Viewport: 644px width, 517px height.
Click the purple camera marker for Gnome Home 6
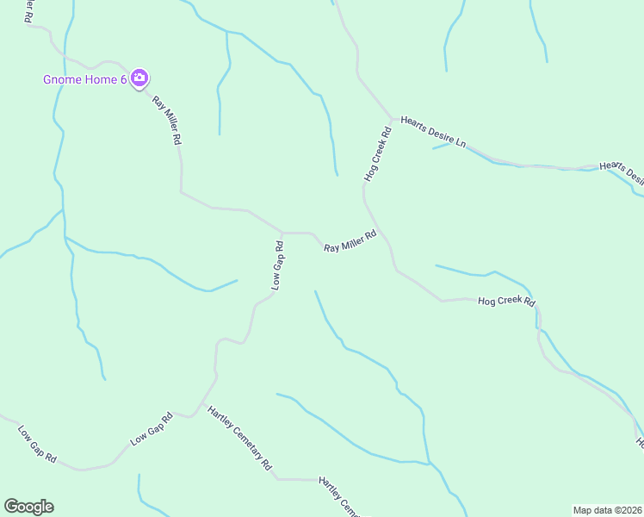140,79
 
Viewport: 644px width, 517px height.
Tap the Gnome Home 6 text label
85,80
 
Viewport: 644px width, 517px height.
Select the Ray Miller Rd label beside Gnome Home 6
167,120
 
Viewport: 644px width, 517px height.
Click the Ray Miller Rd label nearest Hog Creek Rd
350,241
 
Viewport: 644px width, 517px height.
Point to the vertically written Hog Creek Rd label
378,154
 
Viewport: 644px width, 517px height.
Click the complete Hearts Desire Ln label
432,132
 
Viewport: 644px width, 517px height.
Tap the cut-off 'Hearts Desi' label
622,171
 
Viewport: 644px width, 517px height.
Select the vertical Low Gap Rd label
277,265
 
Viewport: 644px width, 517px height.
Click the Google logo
28,507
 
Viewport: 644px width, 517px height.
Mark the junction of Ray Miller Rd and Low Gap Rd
283,233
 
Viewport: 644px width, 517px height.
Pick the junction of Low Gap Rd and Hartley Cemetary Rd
203,405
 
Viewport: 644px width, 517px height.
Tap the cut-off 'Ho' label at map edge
639,443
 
